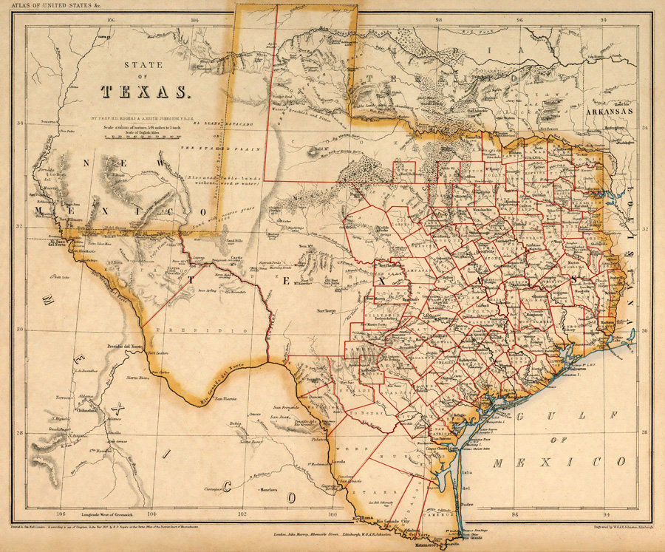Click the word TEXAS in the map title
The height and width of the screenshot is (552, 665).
(x=146, y=92)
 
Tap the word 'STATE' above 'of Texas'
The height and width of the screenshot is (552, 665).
(x=145, y=64)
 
